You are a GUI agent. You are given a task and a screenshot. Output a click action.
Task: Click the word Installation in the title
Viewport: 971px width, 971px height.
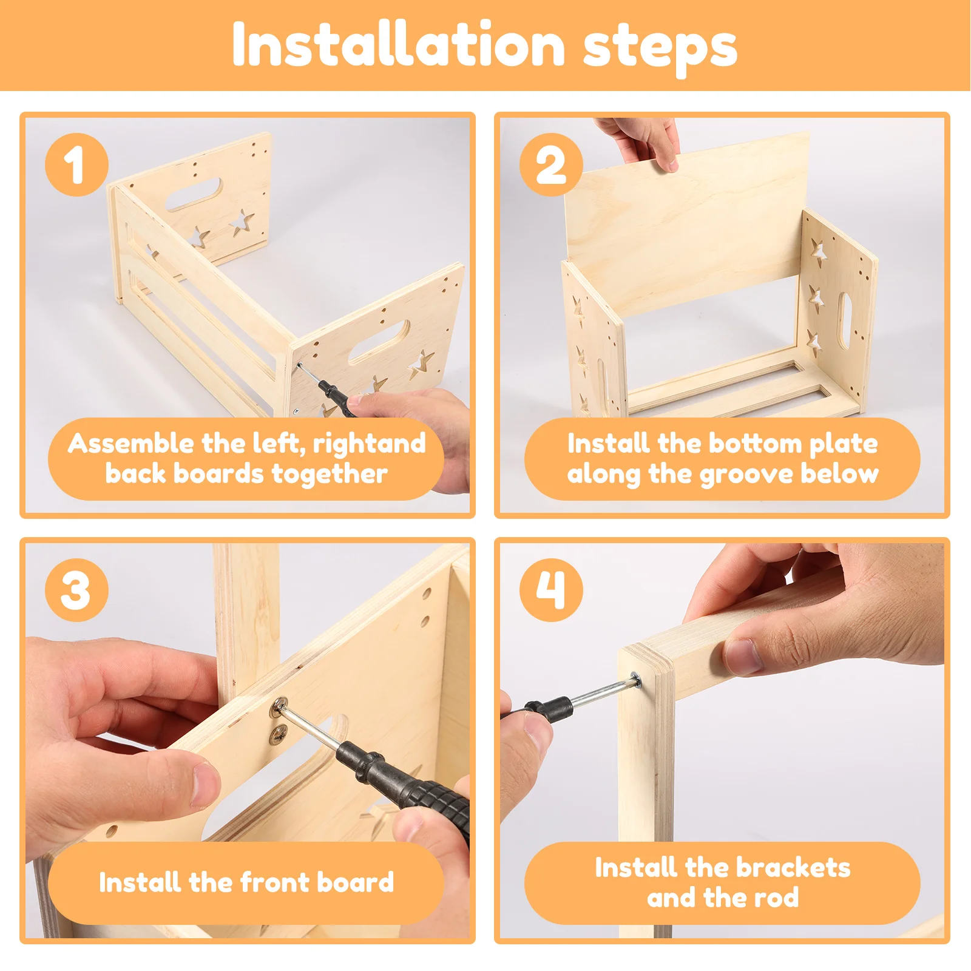coord(399,45)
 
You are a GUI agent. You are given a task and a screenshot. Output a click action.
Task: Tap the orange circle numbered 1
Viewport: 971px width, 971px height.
coord(76,164)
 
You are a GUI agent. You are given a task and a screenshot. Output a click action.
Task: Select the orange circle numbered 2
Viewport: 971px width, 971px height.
coord(551,164)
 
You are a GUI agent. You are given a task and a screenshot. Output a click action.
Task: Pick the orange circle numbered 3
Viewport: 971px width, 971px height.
coord(76,590)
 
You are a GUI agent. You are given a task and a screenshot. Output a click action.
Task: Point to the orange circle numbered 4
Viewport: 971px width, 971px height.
coord(551,590)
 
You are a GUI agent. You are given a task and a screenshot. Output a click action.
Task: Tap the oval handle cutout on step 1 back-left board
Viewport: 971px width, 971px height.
coord(194,194)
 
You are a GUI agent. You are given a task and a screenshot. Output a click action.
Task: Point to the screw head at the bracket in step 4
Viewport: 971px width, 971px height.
coord(635,680)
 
